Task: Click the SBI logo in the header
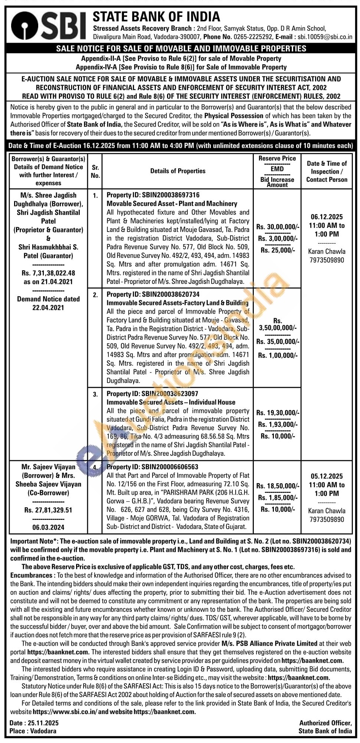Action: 48,26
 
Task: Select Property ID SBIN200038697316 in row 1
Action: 153,195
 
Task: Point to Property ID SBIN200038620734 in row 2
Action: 153,294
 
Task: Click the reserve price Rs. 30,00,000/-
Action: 277,227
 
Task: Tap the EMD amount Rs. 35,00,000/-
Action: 277,341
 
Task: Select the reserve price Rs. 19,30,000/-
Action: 277,412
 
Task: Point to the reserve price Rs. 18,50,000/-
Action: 277,486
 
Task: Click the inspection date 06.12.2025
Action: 327,217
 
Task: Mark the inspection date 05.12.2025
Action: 327,476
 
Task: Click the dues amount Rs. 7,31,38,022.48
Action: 48,273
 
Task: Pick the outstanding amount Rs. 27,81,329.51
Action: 48,510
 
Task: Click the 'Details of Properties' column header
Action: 178,171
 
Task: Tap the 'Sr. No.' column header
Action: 95,171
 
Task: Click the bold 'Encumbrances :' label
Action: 31,575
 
